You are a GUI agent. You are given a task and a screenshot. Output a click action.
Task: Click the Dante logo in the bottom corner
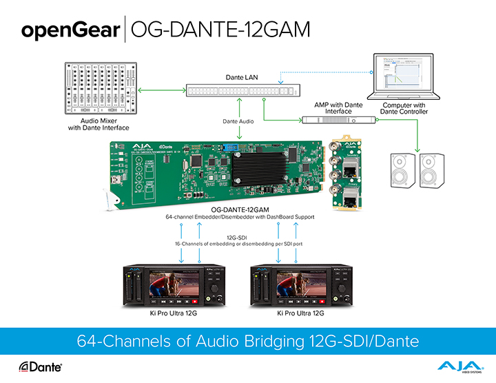tap(41, 366)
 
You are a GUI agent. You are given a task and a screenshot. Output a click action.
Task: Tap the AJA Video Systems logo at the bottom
tap(455, 366)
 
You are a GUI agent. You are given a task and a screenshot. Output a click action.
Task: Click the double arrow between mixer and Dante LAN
tap(162, 90)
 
